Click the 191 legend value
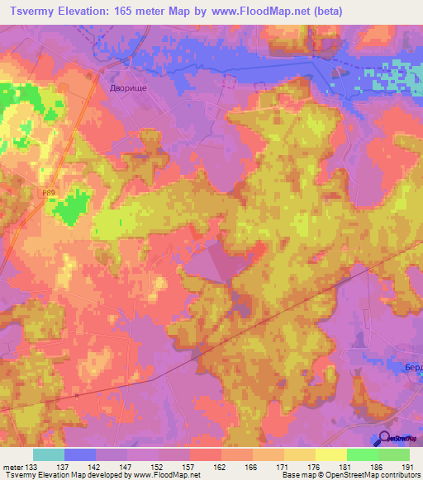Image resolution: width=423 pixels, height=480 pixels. tap(406, 467)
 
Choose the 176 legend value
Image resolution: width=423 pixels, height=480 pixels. tap(314, 467)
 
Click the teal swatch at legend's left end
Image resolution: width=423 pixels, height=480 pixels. tap(49, 454)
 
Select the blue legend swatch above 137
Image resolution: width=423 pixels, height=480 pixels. tap(80, 454)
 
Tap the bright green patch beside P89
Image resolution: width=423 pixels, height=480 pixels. tap(73, 206)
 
